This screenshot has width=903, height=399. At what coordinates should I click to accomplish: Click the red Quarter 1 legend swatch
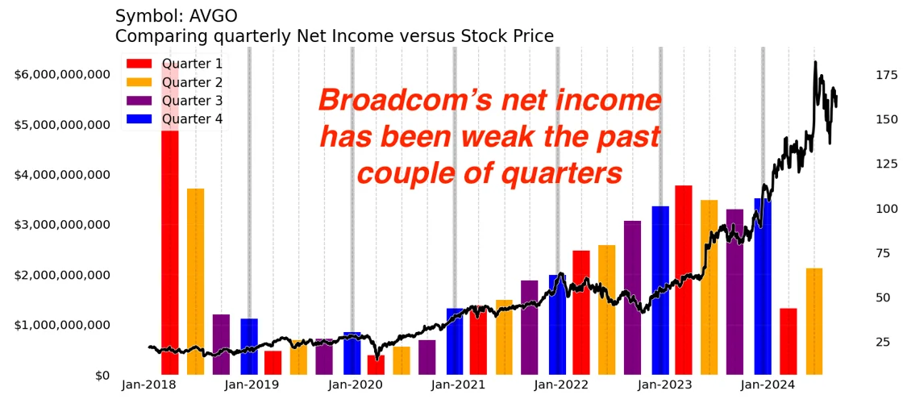coord(139,64)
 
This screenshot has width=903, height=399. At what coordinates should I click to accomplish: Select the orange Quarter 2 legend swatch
coord(139,82)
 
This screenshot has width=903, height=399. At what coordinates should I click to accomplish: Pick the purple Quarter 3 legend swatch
coord(139,101)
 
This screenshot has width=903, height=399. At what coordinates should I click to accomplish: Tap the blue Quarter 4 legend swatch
coord(139,119)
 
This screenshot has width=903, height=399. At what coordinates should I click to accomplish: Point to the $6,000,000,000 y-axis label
coord(61,74)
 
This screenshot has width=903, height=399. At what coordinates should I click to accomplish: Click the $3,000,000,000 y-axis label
coord(61,225)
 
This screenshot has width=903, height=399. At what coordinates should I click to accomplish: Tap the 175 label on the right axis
coord(886,75)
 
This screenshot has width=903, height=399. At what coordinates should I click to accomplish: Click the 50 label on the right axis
coord(883,298)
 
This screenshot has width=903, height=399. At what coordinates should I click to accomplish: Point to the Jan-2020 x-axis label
coord(356,385)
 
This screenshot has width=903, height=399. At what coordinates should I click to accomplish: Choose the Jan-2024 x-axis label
coord(768,385)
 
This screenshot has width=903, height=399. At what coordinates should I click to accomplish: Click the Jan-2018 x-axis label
coord(149,385)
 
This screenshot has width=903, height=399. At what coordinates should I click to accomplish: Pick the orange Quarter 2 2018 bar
coord(195,282)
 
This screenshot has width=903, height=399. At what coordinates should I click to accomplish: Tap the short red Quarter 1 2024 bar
coord(788,341)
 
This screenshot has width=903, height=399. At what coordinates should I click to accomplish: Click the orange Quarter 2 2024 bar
coord(814,321)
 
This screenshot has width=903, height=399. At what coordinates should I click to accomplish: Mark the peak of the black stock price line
coord(815,62)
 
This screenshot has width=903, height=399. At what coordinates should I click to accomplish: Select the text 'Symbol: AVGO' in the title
coord(177,15)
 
